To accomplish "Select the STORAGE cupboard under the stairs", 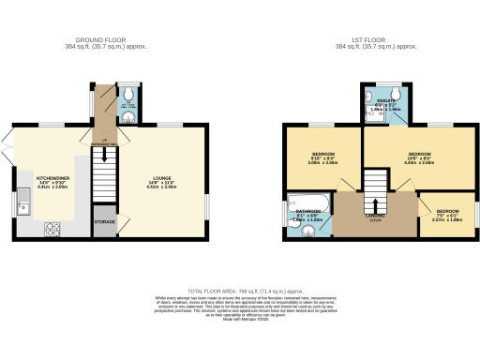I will (104, 222).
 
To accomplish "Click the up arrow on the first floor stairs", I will (374, 203).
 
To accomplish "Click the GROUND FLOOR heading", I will (102, 40).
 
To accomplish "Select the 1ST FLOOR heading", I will (378, 40).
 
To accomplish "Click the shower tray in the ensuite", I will (370, 105).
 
